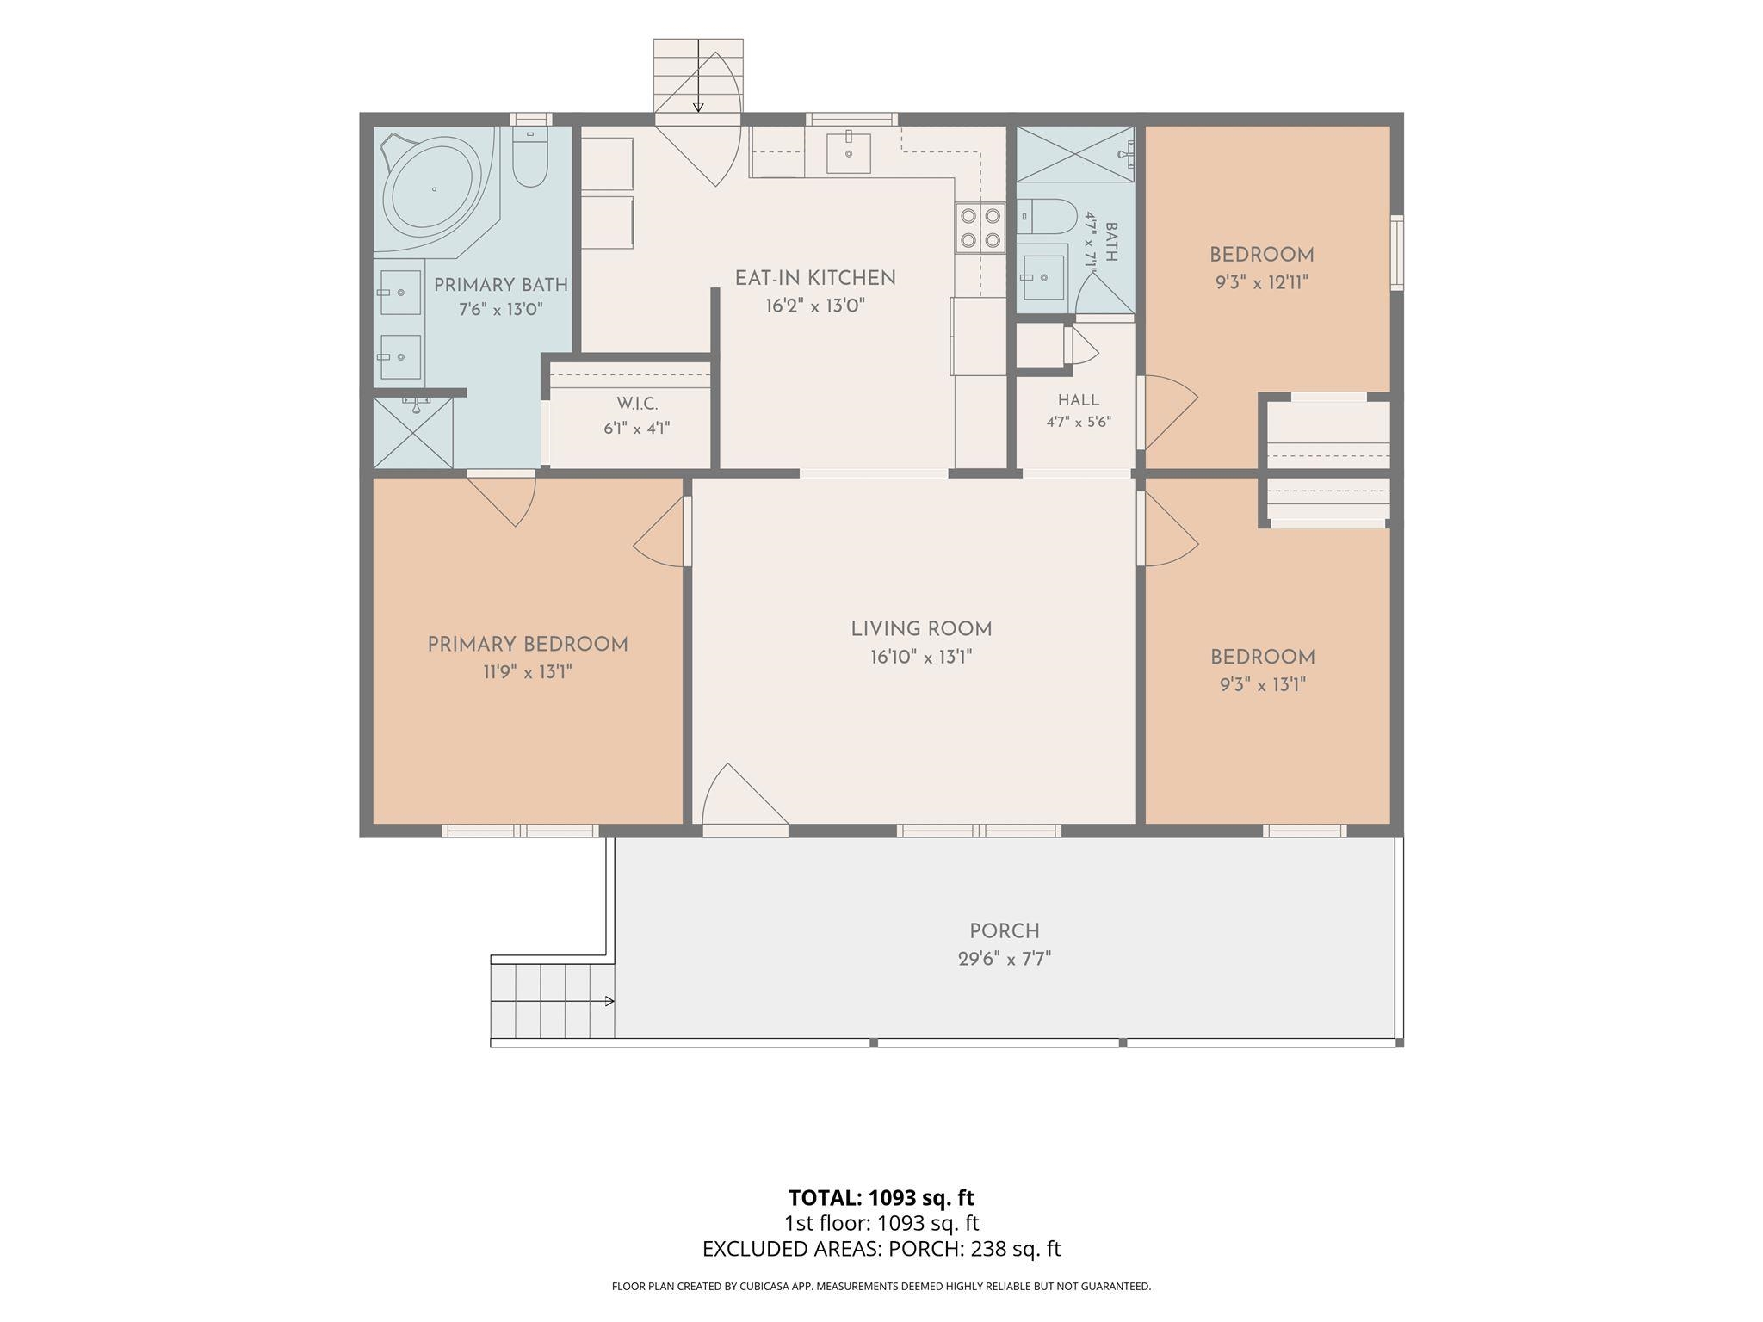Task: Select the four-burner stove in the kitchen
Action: tap(980, 228)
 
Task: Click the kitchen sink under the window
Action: tap(848, 153)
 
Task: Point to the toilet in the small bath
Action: tap(1047, 216)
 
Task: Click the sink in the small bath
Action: tap(1042, 277)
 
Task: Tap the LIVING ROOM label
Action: tap(921, 629)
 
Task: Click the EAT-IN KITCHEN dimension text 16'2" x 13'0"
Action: tap(814, 306)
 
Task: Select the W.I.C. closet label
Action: tap(637, 404)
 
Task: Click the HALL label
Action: tap(1079, 400)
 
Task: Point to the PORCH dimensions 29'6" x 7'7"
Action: tap(1005, 959)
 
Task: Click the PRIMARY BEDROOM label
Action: tap(528, 645)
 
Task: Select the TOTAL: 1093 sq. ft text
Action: tap(881, 1197)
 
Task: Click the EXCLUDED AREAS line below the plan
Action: tap(881, 1249)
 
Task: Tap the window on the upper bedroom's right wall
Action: tap(1397, 252)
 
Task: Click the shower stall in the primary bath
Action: tap(413, 433)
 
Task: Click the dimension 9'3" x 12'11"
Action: tap(1262, 282)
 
